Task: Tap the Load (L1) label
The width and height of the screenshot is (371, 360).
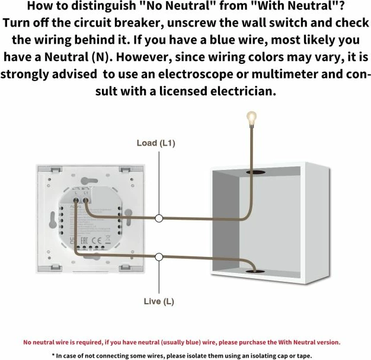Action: point(156,143)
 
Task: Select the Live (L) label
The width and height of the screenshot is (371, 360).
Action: point(159,301)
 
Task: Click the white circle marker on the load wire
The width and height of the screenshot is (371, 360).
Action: point(159,218)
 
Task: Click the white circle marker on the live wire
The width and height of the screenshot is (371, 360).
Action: point(159,256)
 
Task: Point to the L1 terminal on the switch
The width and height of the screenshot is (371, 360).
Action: point(87,200)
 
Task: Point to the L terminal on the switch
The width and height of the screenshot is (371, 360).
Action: point(76,200)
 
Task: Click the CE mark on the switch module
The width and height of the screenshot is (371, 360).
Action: point(100,240)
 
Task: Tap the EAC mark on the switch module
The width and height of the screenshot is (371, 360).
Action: point(86,240)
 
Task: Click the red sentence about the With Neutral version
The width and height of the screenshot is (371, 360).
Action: point(182,342)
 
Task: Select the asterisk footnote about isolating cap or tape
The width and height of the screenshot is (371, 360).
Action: point(185,356)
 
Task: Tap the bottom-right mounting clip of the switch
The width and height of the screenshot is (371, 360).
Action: point(125,270)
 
